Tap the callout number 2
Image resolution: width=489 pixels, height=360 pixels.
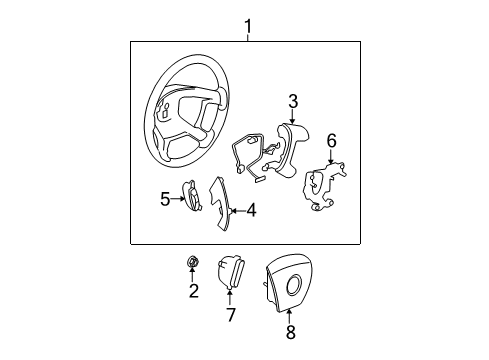pyautogui.click(x=194, y=291)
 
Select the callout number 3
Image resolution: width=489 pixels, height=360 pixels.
pyautogui.click(x=292, y=100)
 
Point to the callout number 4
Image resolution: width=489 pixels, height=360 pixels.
pyautogui.click(x=251, y=211)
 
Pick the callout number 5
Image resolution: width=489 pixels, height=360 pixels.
pyautogui.click(x=165, y=198)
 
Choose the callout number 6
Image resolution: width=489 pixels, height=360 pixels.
pyautogui.click(x=331, y=141)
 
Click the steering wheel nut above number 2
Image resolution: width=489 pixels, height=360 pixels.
pyautogui.click(x=193, y=263)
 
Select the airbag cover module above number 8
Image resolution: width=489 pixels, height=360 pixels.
pyautogui.click(x=289, y=284)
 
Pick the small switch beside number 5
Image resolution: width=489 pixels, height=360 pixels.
pyautogui.click(x=190, y=195)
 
